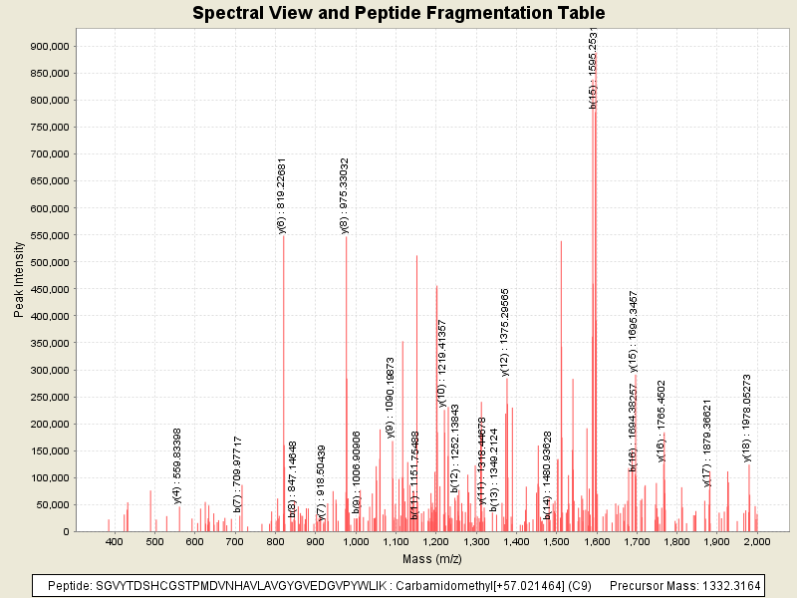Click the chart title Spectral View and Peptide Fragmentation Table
click(398, 13)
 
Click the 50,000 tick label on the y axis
click(51, 505)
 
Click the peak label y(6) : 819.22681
click(282, 195)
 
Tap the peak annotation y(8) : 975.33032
click(345, 195)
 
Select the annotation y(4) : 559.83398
click(177, 464)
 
